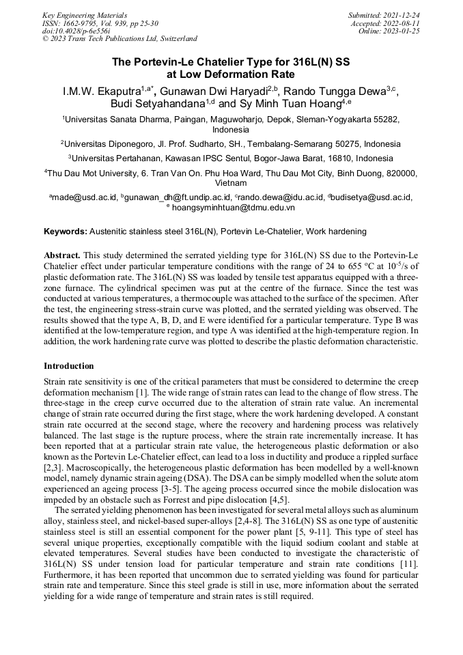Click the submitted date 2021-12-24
(401, 14)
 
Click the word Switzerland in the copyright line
(176, 39)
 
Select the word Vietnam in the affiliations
(231, 183)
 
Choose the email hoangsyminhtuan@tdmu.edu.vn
(233, 207)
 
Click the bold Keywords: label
(66, 232)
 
